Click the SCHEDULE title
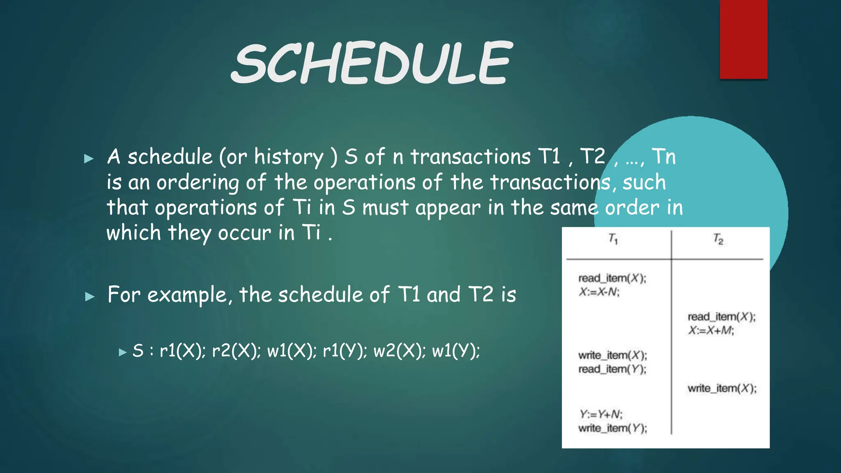click(372, 64)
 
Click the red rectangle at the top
click(743, 39)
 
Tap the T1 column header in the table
click(613, 239)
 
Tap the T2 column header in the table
click(718, 239)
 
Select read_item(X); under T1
click(612, 278)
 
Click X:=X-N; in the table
click(599, 292)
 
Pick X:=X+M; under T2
click(711, 331)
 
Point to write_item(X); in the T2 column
click(722, 388)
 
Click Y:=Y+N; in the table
click(601, 414)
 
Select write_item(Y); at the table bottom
click(612, 428)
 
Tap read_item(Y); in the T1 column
click(612, 369)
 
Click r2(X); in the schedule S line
click(236, 351)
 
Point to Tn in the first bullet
click(664, 156)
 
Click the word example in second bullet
click(187, 295)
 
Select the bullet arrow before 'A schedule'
click(89, 158)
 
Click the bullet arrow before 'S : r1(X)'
click(122, 352)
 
